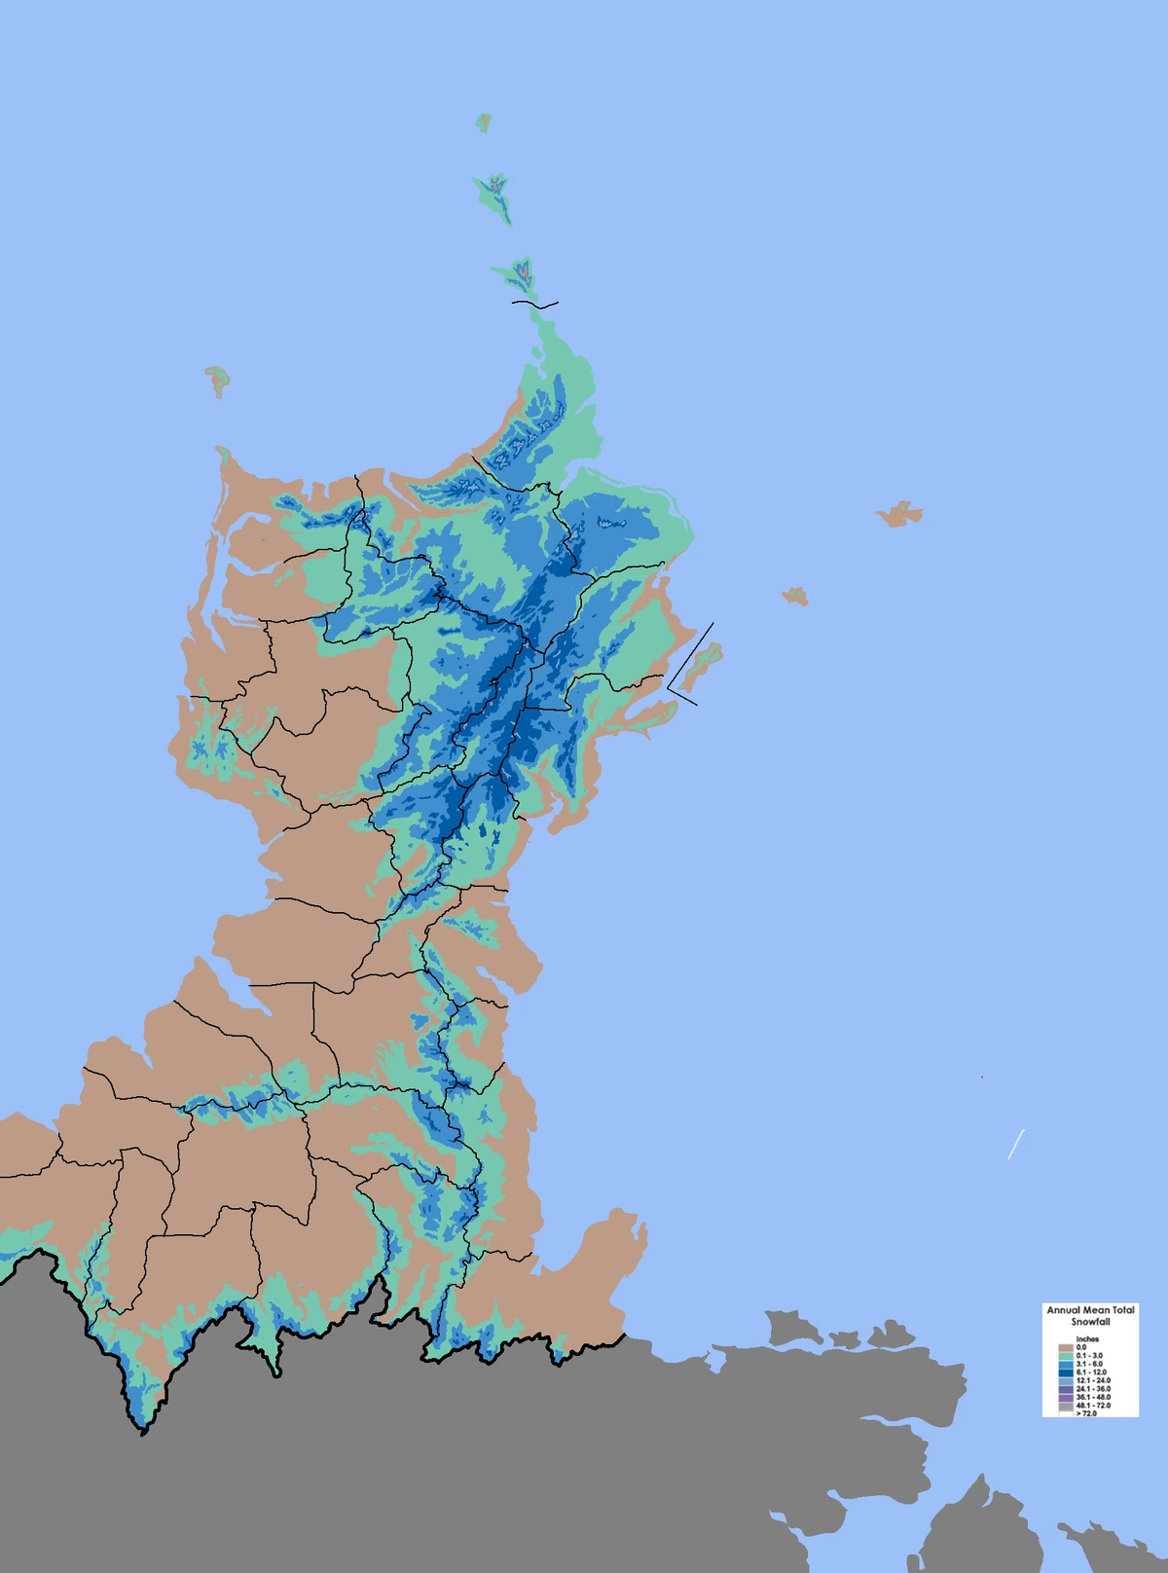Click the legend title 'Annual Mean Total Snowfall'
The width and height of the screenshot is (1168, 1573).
click(1090, 1316)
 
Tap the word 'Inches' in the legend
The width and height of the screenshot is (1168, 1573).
click(1087, 1339)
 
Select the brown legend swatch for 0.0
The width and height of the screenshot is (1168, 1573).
click(1065, 1348)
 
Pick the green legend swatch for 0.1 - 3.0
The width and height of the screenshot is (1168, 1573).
click(1065, 1356)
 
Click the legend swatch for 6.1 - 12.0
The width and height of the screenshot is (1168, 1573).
click(1065, 1372)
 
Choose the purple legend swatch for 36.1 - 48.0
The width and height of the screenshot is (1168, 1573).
click(1065, 1398)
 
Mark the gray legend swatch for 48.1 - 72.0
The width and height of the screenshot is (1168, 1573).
click(1065, 1406)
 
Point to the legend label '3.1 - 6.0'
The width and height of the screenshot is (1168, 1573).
click(1089, 1365)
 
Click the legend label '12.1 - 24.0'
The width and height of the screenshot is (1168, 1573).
click(1092, 1381)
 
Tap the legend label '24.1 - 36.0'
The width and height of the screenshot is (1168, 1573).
click(1092, 1389)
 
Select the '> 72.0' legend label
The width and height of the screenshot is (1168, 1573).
click(1086, 1413)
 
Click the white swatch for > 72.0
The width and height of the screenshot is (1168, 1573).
click(1065, 1413)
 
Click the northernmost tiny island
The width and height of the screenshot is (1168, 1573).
click(484, 123)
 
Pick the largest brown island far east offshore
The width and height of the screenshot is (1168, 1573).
click(899, 514)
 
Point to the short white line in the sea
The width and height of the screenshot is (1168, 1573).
click(1015, 1145)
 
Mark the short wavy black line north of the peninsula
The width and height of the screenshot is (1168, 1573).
click(535, 305)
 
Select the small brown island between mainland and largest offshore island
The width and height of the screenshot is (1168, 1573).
click(795, 596)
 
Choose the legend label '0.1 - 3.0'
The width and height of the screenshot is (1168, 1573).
click(1089, 1356)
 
